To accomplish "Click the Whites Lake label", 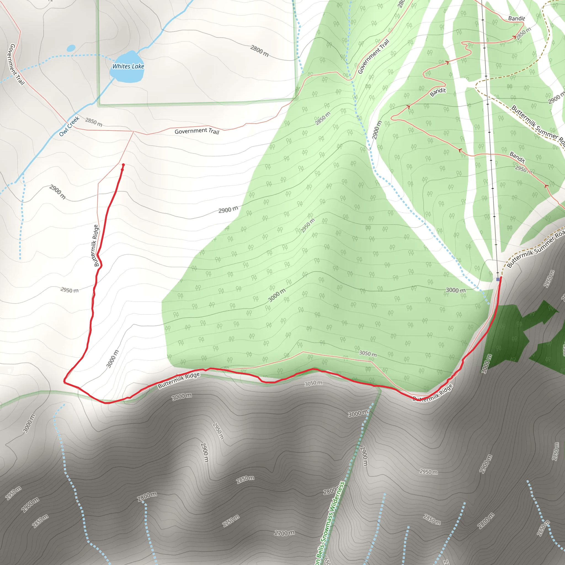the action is point(128,66).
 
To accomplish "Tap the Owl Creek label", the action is point(69,126).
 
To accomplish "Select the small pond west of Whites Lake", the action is point(71,48).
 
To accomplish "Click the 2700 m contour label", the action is point(284,533).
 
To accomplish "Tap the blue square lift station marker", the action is point(498,279).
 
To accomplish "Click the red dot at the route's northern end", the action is point(123,165).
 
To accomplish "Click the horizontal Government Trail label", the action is point(197,131).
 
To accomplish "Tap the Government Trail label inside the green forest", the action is point(374,57).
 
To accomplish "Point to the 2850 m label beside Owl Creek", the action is point(94,122).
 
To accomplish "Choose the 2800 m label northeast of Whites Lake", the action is point(259,50).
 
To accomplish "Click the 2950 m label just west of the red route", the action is point(69,290).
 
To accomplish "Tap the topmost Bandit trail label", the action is point(516,18).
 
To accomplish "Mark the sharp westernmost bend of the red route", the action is point(64,381).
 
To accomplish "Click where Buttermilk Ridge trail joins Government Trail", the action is point(134,132).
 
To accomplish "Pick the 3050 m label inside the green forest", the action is point(368,354).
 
